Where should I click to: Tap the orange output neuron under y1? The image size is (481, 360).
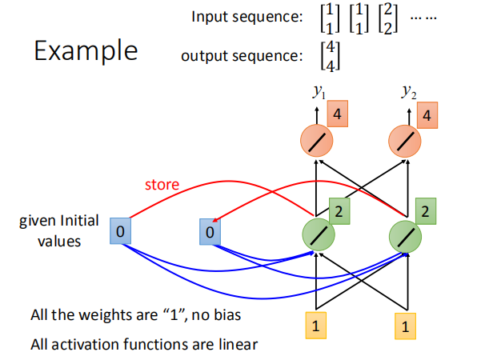point(319,142)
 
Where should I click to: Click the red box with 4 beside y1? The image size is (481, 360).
point(340,115)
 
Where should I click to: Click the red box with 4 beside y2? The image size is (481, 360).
point(431,115)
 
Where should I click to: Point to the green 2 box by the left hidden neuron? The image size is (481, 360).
point(340,213)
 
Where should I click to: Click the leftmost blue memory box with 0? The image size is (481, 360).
point(119,231)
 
